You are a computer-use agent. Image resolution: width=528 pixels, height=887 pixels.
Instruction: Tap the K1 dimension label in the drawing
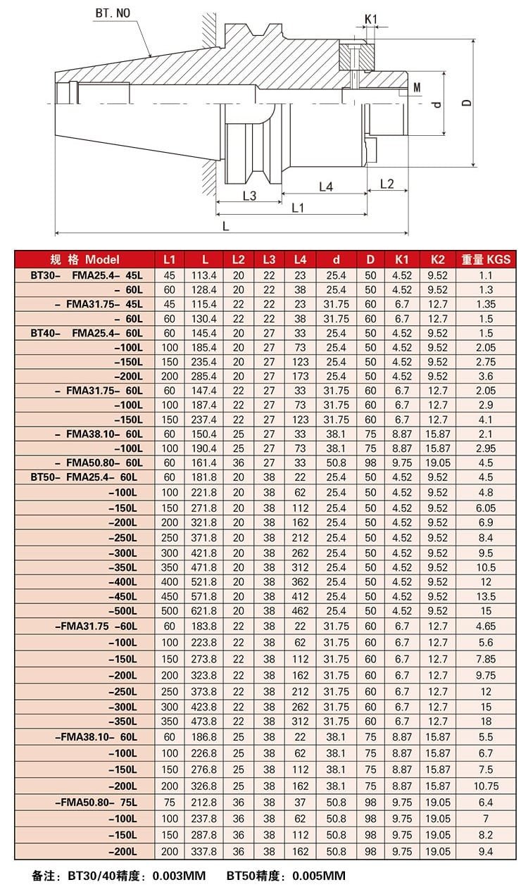tap(371, 18)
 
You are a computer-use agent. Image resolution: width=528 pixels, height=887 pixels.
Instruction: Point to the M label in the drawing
tap(417, 87)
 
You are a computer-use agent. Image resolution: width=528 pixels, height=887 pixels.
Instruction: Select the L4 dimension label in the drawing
tap(325, 187)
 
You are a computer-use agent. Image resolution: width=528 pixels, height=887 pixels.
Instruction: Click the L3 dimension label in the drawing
tap(249, 196)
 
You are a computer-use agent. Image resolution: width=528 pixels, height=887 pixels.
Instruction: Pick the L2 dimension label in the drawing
tap(386, 184)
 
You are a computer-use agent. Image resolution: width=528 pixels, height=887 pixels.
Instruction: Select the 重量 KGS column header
tap(486, 259)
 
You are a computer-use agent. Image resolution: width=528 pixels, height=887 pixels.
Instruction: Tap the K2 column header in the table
tap(438, 259)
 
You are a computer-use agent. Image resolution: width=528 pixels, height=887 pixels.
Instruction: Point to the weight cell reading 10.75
tap(486, 786)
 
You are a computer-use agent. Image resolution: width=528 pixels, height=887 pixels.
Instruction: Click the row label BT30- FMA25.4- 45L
tap(87, 275)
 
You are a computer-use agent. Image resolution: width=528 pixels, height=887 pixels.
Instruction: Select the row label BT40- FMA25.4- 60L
tap(87, 333)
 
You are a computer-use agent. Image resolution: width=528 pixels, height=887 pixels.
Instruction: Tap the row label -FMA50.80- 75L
tap(95, 802)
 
